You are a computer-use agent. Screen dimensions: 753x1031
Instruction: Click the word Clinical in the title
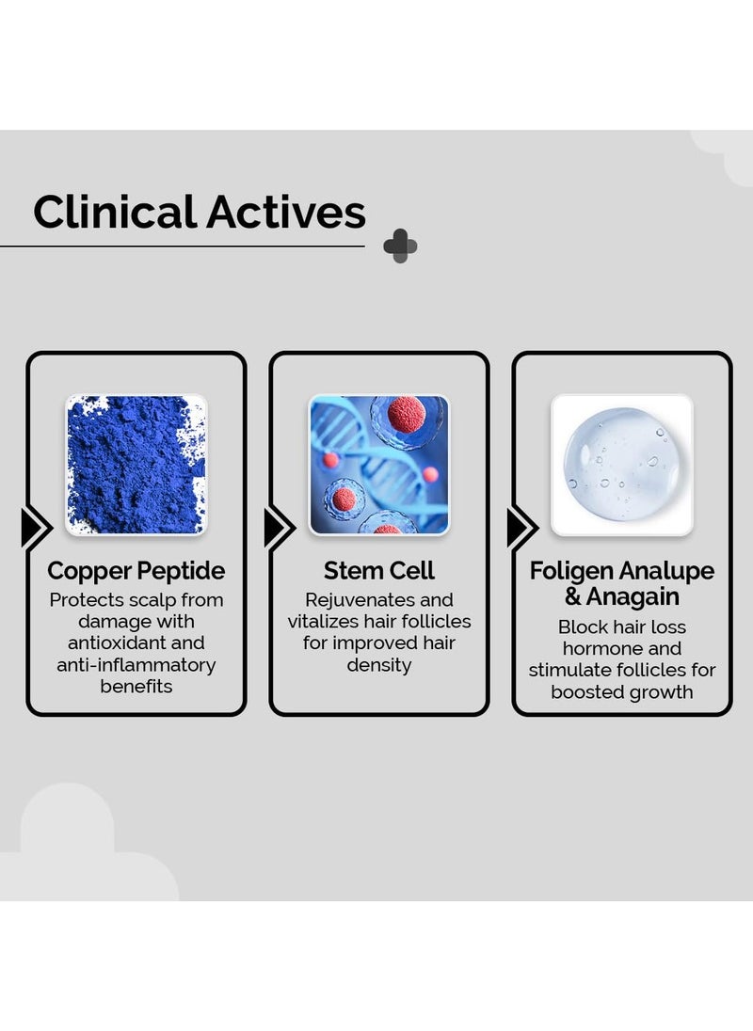click(115, 212)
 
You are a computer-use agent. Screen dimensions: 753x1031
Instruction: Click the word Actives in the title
click(287, 212)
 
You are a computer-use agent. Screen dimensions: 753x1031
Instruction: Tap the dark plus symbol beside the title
click(400, 246)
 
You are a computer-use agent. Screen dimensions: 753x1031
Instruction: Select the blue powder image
click(136, 464)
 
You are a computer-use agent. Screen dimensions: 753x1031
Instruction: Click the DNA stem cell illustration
click(378, 464)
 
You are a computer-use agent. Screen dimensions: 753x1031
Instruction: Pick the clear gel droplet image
click(621, 464)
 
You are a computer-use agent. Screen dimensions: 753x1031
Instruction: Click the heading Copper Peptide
click(136, 571)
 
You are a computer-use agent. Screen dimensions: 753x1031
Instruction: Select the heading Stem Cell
click(378, 571)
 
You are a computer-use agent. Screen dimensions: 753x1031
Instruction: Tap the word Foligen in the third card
click(571, 571)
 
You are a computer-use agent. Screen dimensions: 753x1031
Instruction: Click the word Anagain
click(633, 597)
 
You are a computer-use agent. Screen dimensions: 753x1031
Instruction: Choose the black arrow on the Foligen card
click(521, 528)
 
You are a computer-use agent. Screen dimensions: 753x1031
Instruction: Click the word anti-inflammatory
click(136, 665)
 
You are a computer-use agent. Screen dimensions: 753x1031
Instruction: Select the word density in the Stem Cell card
click(378, 665)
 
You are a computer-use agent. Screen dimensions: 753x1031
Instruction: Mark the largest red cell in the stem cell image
click(407, 415)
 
